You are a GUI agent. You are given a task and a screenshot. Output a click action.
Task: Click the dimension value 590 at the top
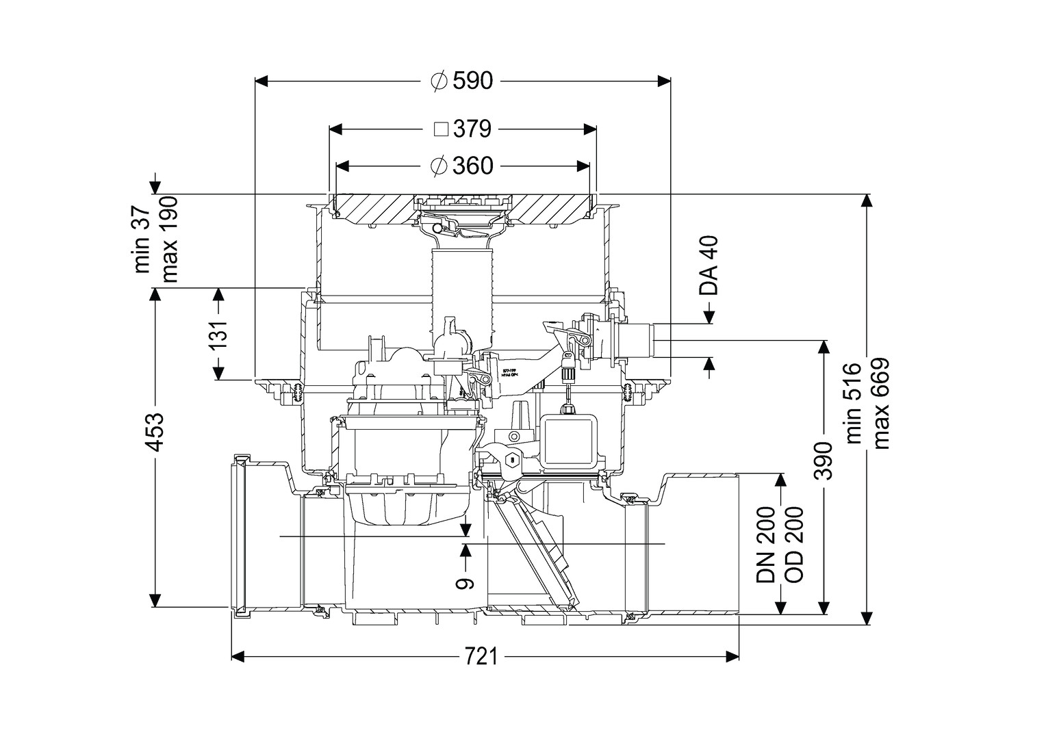(x=472, y=81)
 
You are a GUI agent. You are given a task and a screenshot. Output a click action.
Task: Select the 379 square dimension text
(x=472, y=129)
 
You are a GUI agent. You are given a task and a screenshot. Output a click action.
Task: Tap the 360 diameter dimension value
(x=472, y=166)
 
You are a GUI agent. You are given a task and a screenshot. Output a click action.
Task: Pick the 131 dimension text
(x=219, y=335)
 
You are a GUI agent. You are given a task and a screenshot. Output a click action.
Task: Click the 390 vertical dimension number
(x=826, y=461)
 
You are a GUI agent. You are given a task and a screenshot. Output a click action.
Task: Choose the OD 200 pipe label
(x=793, y=545)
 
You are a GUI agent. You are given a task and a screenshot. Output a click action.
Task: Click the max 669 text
(x=880, y=404)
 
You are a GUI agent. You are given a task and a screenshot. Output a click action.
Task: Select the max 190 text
(x=169, y=239)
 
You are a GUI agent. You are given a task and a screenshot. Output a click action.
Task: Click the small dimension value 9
(x=465, y=582)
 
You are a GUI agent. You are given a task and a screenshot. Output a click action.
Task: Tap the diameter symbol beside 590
(x=439, y=81)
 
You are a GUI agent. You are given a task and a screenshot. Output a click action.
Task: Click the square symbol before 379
(x=442, y=129)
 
